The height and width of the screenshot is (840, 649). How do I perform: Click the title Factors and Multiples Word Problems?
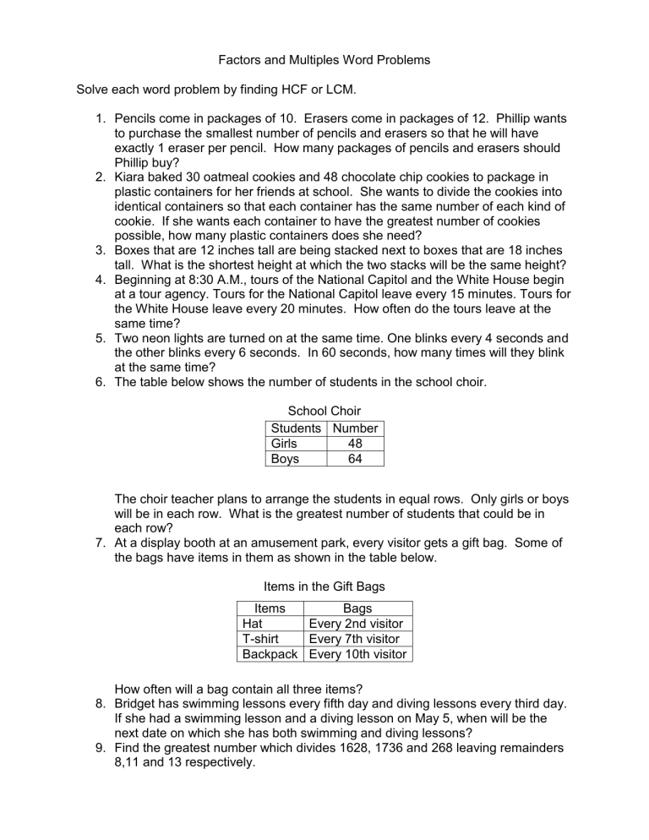coord(324,60)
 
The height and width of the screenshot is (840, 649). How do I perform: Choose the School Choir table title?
coord(324,412)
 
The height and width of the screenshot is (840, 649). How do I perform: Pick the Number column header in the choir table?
coord(356,428)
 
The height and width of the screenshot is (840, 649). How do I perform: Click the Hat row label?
coord(253,624)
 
